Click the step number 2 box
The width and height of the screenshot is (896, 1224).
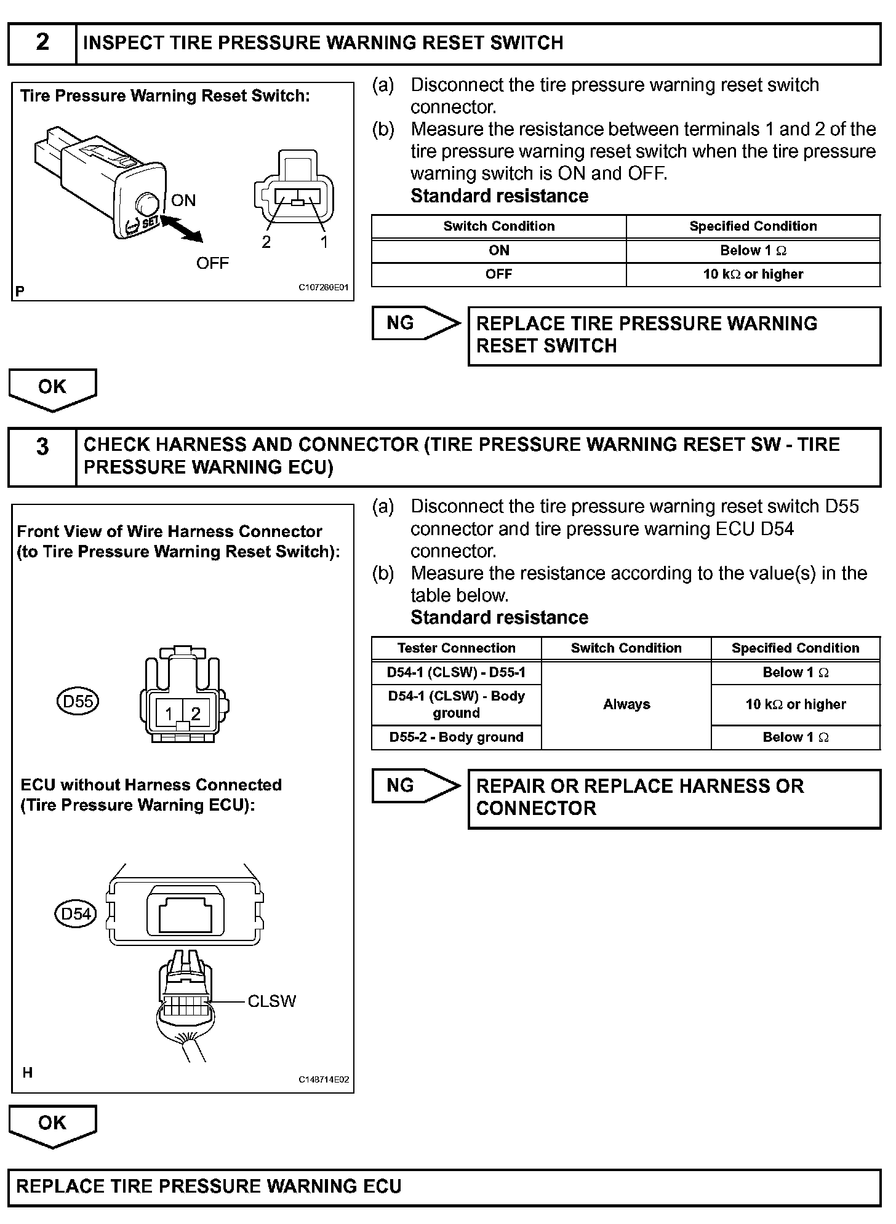42,43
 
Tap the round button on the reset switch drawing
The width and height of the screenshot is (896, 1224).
147,203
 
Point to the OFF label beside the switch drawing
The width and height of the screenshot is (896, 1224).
212,263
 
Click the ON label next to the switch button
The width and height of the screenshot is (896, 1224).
183,201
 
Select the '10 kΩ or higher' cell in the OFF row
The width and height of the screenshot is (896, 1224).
753,274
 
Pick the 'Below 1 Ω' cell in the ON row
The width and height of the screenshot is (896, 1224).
753,250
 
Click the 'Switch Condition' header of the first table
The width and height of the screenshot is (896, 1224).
498,226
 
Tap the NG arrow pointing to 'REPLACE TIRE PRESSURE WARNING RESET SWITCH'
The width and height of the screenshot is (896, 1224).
416,323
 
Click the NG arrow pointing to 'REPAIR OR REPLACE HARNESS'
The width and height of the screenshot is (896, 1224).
416,785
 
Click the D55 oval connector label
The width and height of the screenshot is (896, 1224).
78,701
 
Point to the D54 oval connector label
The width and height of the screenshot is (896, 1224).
76,914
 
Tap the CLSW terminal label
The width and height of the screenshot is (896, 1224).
271,1001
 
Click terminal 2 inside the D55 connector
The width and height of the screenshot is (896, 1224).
196,713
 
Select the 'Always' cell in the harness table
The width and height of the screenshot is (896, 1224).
626,705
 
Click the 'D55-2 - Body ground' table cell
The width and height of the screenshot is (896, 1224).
456,737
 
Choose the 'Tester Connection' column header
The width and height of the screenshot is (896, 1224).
456,648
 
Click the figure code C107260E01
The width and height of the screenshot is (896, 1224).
324,287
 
